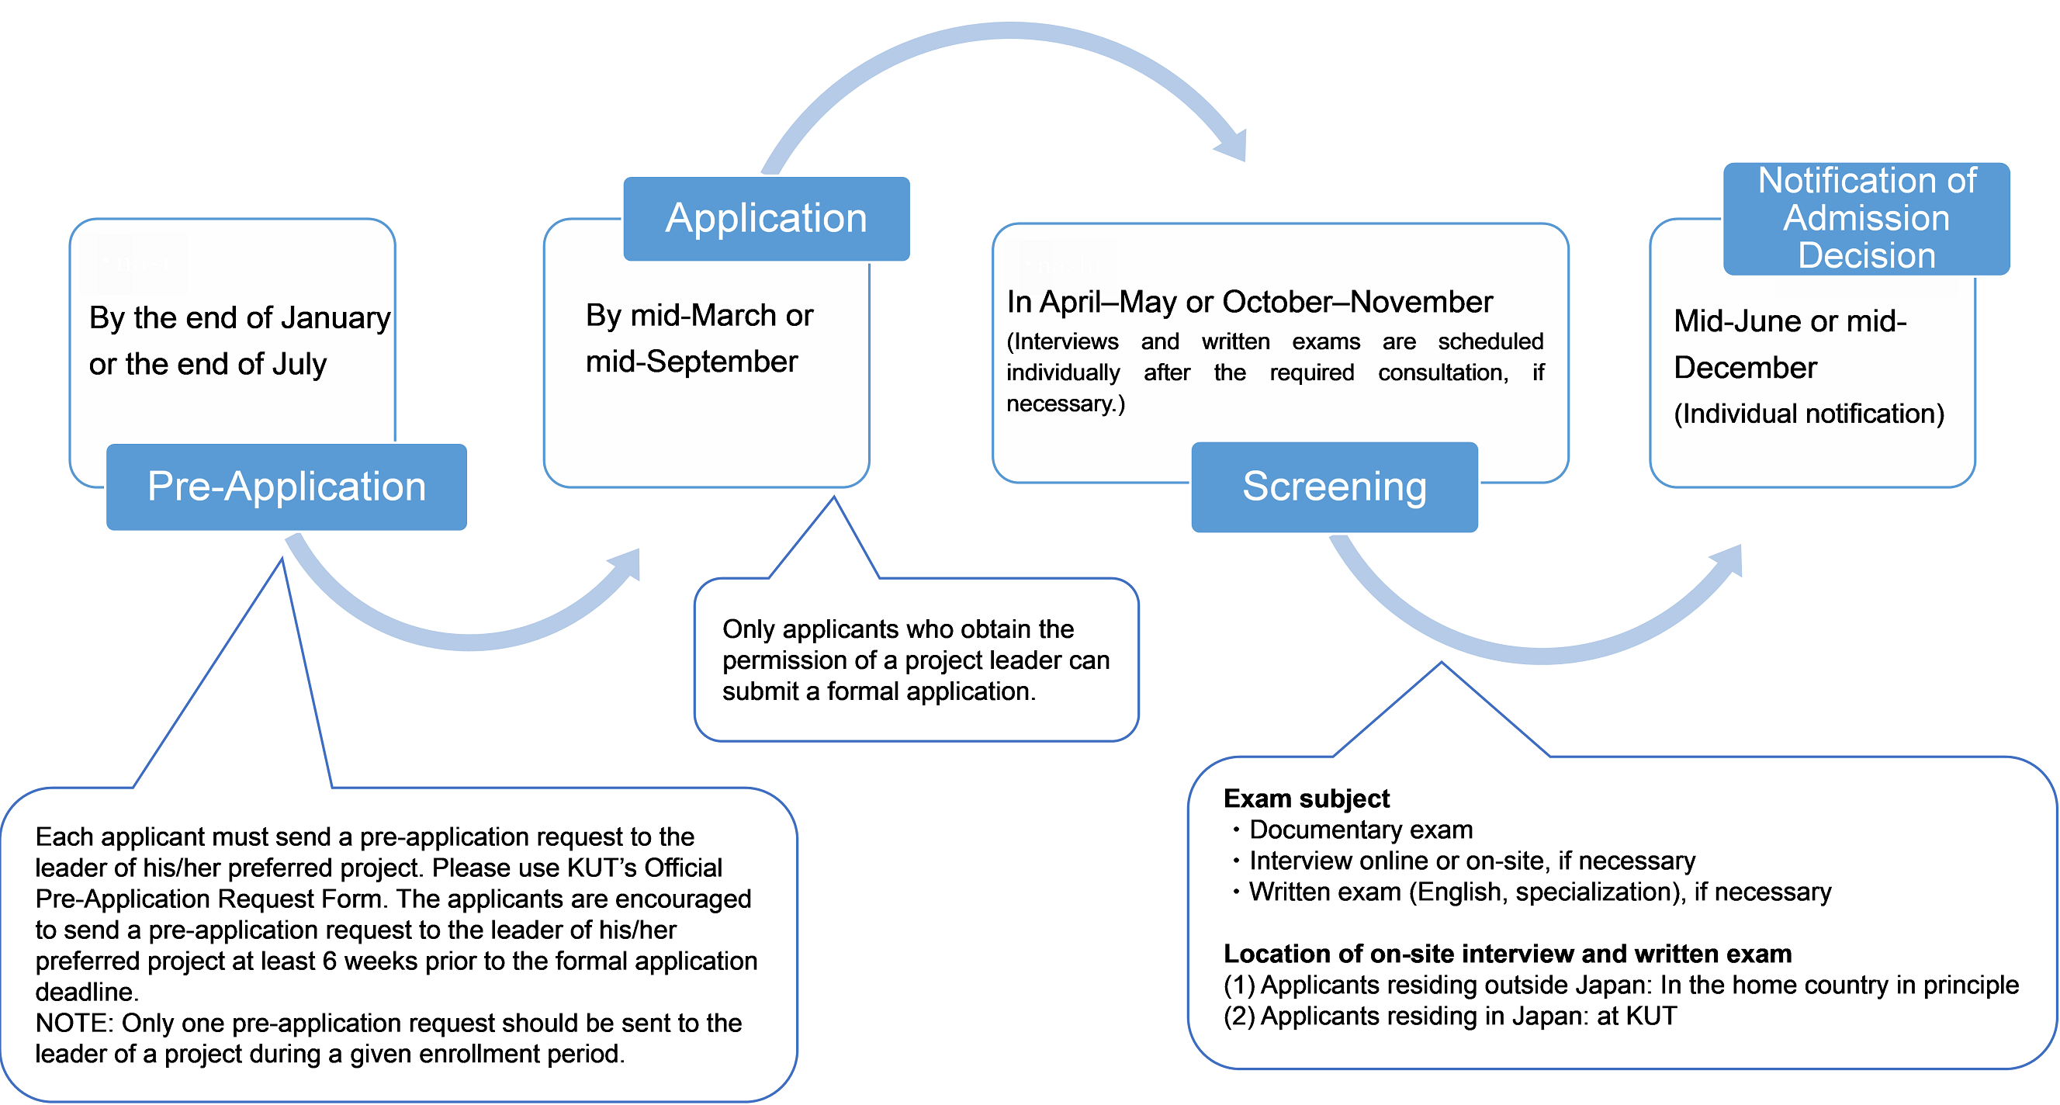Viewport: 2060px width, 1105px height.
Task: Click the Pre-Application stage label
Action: click(286, 487)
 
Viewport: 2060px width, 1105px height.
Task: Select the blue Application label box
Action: click(766, 218)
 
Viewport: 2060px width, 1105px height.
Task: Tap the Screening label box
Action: click(1334, 487)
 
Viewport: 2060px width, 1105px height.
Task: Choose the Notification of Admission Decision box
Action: click(1866, 218)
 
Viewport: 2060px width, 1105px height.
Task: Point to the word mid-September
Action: click(692, 362)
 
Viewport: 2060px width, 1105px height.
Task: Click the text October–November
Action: click(1357, 301)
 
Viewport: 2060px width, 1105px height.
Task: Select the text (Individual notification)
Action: click(1809, 414)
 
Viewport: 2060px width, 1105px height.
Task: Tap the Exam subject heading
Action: click(1307, 798)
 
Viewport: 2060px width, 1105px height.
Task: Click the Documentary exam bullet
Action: click(1352, 830)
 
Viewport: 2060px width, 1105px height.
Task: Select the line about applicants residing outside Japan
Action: click(1621, 985)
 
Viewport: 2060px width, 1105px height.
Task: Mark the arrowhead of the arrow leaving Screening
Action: click(1727, 559)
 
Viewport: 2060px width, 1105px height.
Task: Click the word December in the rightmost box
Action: click(1745, 368)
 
